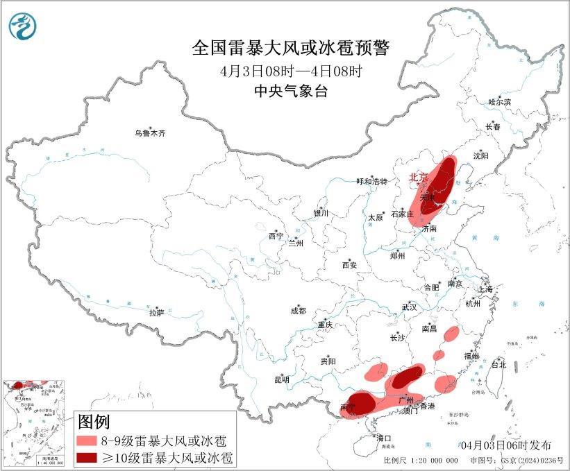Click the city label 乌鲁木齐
click(151, 133)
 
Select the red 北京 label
click(417, 178)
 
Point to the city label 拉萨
click(156, 313)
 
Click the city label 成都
click(299, 311)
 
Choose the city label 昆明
click(281, 379)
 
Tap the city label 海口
click(384, 438)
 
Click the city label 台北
click(498, 364)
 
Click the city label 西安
click(349, 265)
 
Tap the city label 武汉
click(409, 307)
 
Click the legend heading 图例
click(93, 421)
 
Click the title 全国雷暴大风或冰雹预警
click(291, 48)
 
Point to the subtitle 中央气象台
click(291, 92)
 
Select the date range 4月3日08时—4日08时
click(291, 71)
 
